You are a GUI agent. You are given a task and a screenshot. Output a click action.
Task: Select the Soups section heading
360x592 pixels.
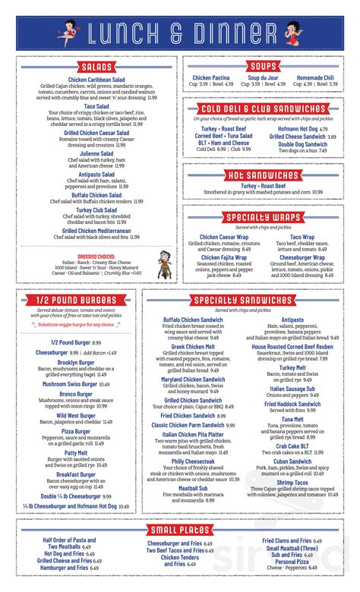point(269,68)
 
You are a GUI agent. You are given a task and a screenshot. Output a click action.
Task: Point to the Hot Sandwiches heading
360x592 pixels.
point(269,175)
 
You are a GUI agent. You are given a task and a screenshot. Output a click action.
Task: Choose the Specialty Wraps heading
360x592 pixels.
point(269,219)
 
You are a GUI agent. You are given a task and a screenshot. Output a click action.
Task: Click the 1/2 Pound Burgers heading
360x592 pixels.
point(74,302)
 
